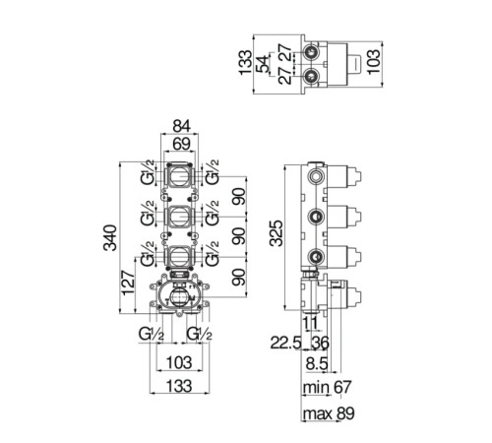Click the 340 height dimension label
tap(110, 238)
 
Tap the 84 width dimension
tap(181, 126)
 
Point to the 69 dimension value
tap(181, 144)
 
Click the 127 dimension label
tap(128, 283)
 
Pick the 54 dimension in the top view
tap(263, 64)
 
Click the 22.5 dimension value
tap(285, 344)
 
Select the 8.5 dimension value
tap(317, 363)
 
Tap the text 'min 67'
tap(327, 387)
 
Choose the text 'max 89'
tap(329, 413)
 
